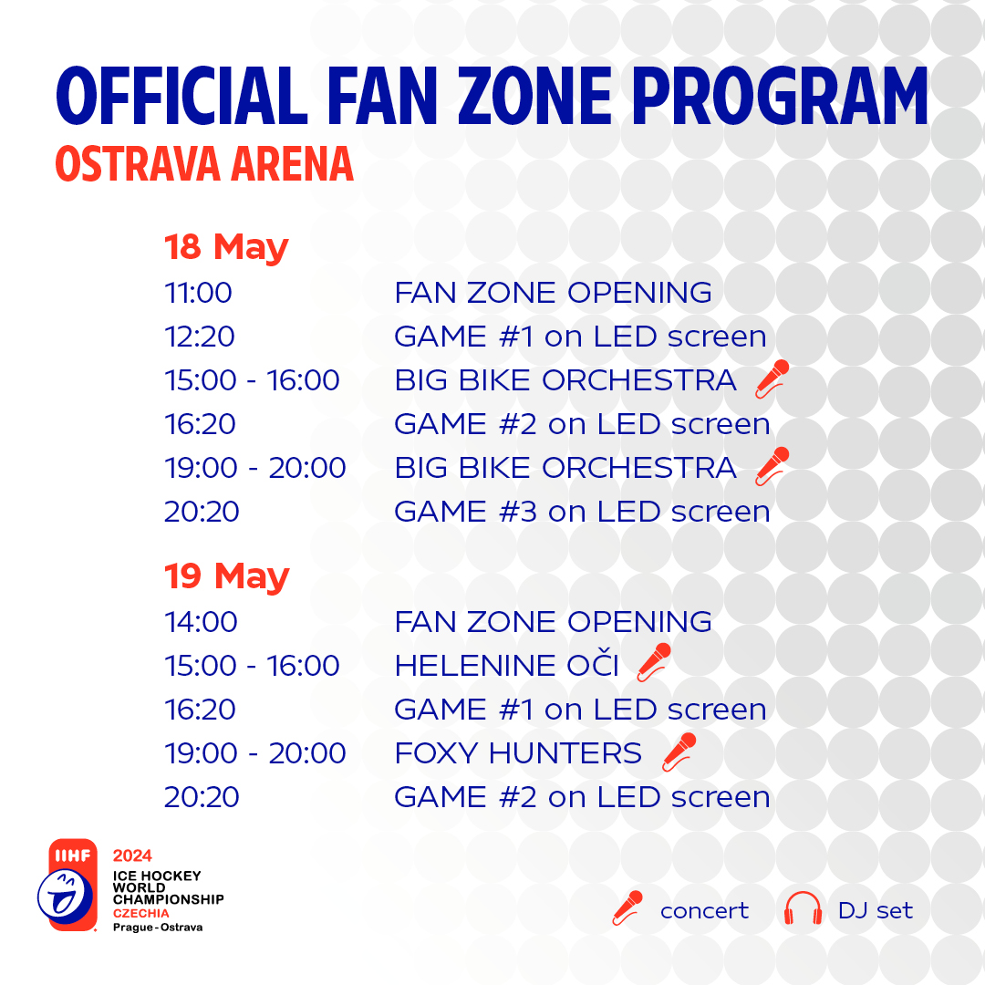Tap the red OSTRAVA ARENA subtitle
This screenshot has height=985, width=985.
point(204,163)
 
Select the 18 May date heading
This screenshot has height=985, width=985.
point(226,247)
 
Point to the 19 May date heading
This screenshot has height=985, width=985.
point(226,576)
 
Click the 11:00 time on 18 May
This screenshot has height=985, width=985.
point(198,293)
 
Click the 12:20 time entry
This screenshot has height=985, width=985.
point(199,337)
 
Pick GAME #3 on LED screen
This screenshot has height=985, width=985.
point(582,512)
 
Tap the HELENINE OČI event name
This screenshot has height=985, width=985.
point(506,666)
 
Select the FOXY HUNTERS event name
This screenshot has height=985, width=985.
point(518,753)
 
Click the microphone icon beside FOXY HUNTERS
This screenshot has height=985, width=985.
point(679,752)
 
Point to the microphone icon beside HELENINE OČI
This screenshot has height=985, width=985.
point(654,663)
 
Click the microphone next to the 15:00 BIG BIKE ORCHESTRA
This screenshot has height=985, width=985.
point(772,378)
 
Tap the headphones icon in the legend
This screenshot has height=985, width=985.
point(803,909)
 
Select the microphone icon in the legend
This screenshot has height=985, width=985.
point(627,908)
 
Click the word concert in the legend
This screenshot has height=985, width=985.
point(704,910)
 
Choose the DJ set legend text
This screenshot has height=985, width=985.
point(875,910)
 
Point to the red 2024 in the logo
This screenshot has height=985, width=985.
point(132,855)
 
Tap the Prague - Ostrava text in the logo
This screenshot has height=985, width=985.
point(158,927)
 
